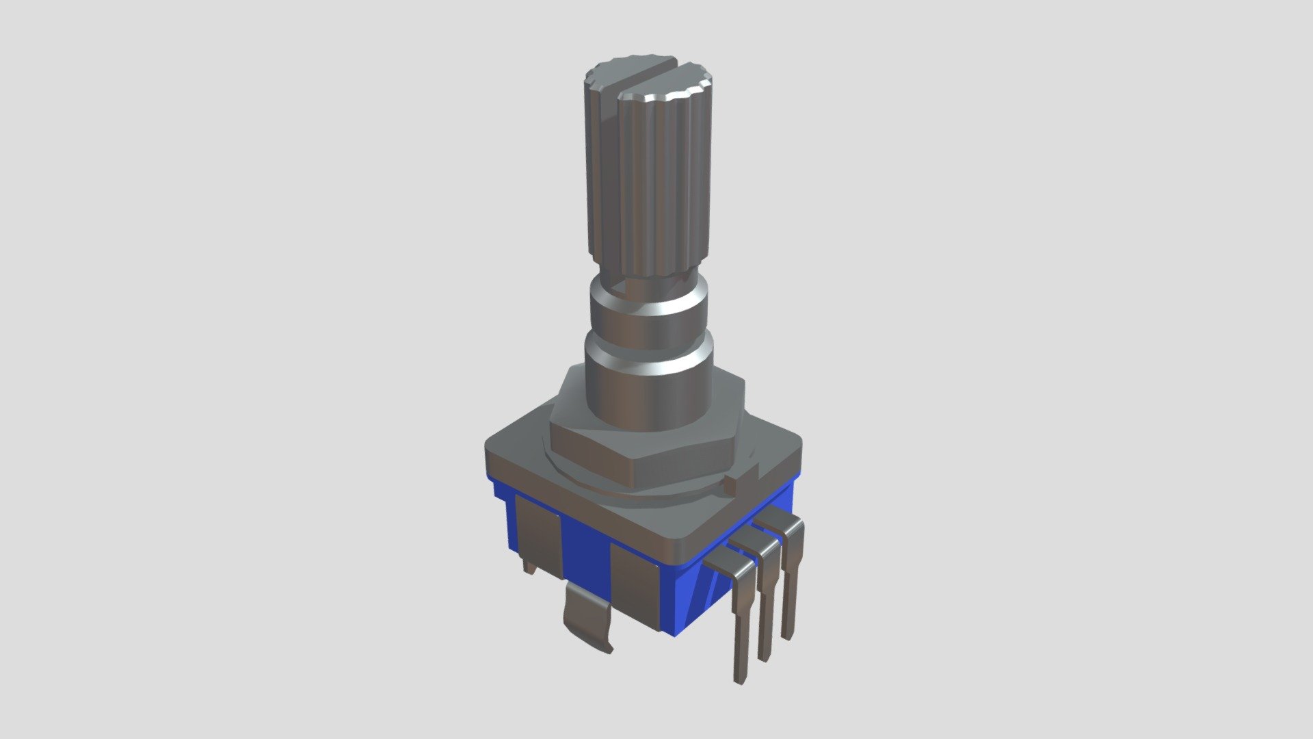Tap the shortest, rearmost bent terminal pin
coord(791,582)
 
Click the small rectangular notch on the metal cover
coord(730,485)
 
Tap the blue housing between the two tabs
coord(585,558)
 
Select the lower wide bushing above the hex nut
coord(646,390)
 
